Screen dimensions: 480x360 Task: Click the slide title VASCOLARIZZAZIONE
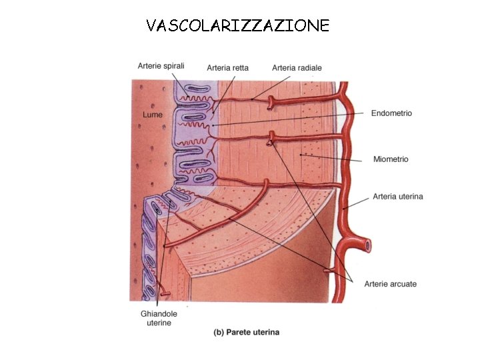click(238, 26)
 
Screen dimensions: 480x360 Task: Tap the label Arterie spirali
click(161, 66)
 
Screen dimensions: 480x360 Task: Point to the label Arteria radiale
click(297, 67)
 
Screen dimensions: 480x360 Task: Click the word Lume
click(153, 115)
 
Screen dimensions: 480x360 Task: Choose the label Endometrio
click(391, 113)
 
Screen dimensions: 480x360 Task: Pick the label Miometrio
click(391, 159)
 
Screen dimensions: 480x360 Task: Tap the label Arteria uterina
click(398, 196)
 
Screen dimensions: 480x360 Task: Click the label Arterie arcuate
click(391, 284)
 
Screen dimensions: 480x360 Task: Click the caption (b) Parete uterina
click(246, 332)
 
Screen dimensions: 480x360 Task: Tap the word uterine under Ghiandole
click(159, 323)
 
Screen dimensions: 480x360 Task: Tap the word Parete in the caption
click(239, 332)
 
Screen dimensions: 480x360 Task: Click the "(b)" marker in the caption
click(219, 332)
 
